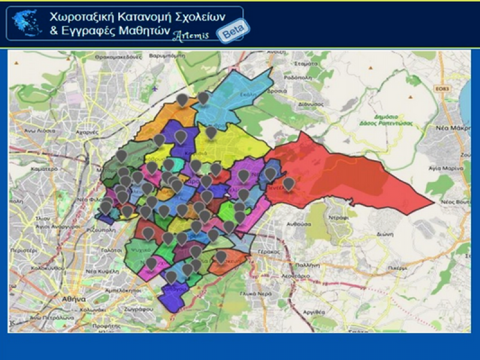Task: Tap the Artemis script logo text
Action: click(x=191, y=36)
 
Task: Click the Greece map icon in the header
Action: click(x=27, y=23)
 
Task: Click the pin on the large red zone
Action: click(x=289, y=184)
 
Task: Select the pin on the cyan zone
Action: click(x=203, y=97)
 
